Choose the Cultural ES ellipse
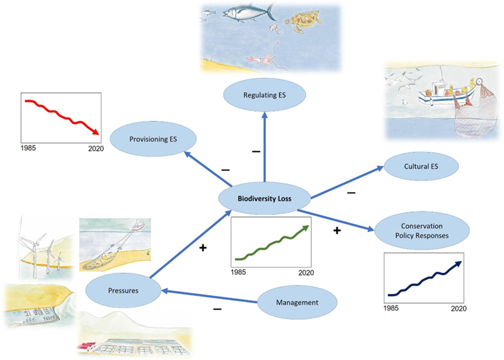421,167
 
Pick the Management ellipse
297,302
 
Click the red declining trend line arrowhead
96,132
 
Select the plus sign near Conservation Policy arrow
336,231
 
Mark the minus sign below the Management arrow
217,310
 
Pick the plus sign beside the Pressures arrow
202,248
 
